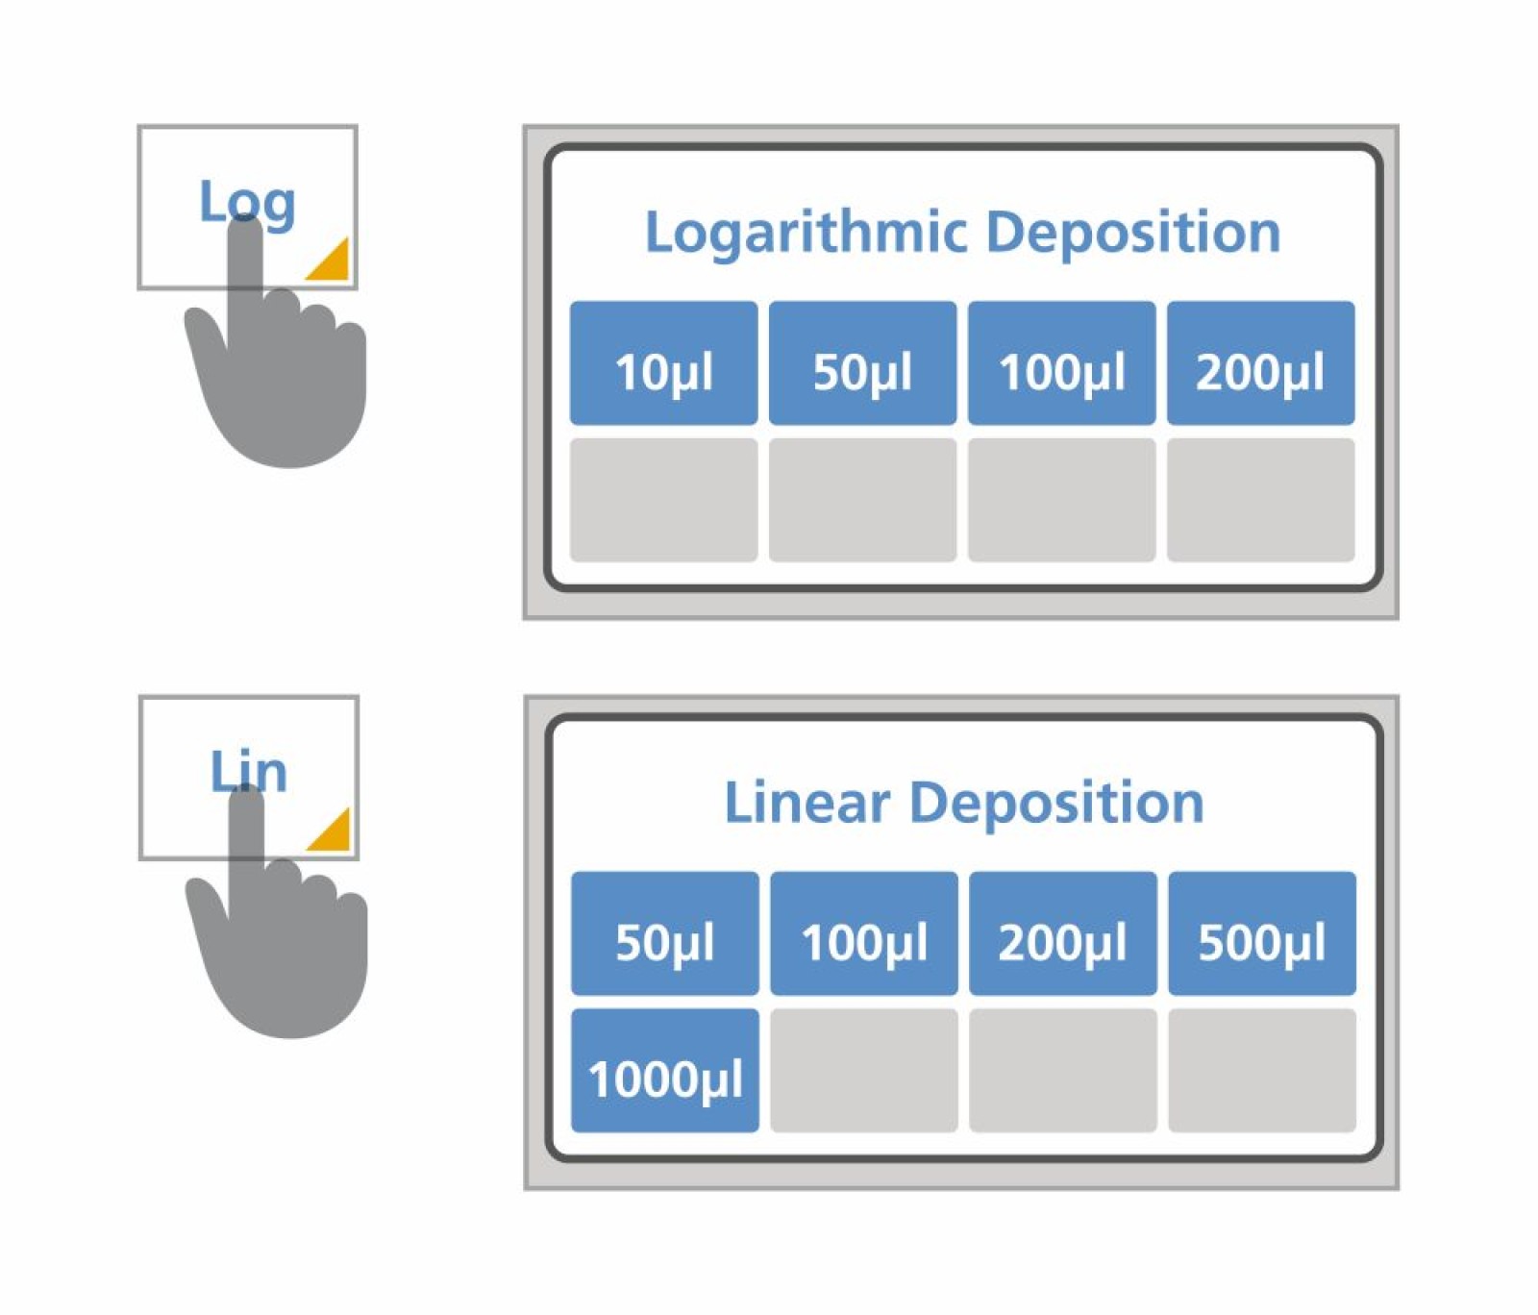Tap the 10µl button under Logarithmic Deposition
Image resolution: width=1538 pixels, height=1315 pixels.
pyautogui.click(x=663, y=363)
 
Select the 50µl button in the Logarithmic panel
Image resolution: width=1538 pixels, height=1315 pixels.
pyautogui.click(x=862, y=363)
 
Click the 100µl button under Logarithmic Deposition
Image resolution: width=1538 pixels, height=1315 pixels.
pyautogui.click(x=1061, y=363)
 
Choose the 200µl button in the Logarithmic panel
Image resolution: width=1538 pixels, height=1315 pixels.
pyautogui.click(x=1260, y=363)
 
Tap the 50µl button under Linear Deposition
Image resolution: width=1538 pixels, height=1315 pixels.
pyautogui.click(x=664, y=933)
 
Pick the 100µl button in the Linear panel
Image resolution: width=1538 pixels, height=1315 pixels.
pyautogui.click(x=863, y=933)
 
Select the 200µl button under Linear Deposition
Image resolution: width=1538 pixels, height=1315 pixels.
pyautogui.click(x=1062, y=933)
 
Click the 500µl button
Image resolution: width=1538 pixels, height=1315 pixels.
pyautogui.click(x=1261, y=933)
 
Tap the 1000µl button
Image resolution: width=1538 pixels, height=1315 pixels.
pyautogui.click(x=664, y=1071)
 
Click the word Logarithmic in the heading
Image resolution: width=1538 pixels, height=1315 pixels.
pyautogui.click(x=806, y=234)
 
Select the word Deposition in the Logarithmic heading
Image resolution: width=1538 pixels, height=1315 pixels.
pyautogui.click(x=1133, y=233)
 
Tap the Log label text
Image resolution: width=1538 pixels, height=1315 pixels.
pyautogui.click(x=246, y=202)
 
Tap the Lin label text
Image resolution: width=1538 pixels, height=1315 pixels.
pyautogui.click(x=248, y=771)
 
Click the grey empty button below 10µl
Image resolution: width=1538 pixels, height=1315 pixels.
pyautogui.click(x=663, y=500)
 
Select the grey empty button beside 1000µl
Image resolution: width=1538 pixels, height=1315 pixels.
pyautogui.click(x=863, y=1071)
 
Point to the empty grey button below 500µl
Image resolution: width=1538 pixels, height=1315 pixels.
pyautogui.click(x=1261, y=1071)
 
